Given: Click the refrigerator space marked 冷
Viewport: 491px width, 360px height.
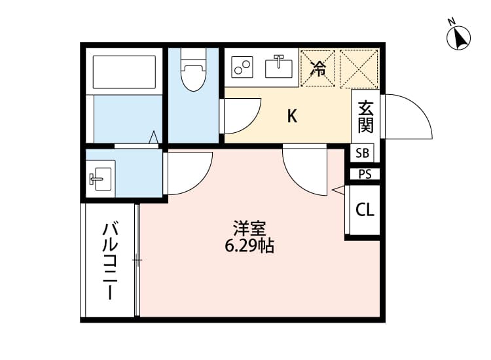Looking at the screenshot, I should tap(318, 67).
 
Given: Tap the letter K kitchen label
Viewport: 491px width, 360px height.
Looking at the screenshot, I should tap(293, 117).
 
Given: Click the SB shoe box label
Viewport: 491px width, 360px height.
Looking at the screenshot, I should tap(363, 154).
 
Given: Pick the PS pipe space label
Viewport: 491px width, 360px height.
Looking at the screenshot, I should tap(365, 174).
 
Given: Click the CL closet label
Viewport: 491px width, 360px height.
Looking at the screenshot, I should tap(365, 210).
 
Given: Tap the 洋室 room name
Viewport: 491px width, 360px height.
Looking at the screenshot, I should tap(249, 229).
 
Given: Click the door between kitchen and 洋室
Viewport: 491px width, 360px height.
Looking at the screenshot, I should tap(305, 170).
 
